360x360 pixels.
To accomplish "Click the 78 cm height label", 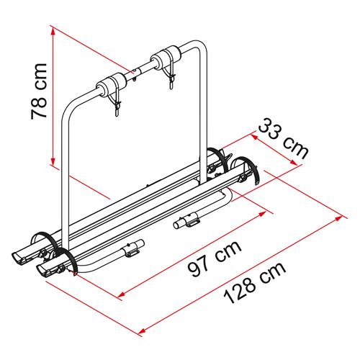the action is tap(39, 91).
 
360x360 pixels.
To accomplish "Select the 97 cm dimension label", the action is tap(215, 258).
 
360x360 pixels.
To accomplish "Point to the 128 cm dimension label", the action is tap(255, 283).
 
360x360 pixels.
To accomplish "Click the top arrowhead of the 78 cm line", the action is tap(53, 30).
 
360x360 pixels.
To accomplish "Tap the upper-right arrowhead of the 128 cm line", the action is tap(338, 218).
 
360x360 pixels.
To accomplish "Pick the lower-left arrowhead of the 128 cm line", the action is tap(143, 331).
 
